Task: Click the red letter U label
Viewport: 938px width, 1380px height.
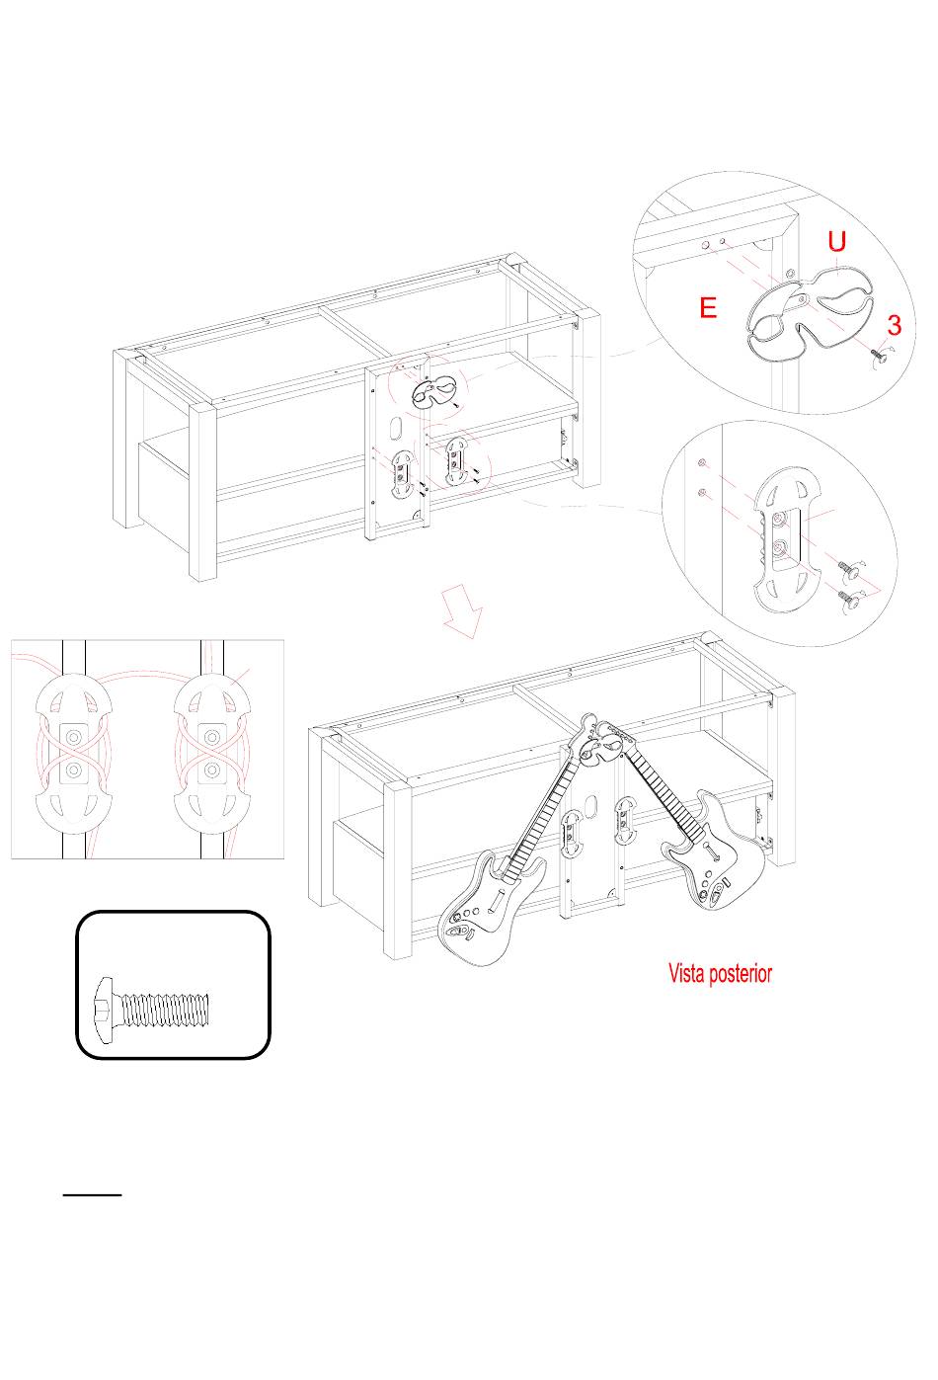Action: [836, 241]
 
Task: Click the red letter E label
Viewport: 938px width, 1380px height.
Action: [708, 307]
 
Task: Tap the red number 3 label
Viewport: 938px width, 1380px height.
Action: [895, 325]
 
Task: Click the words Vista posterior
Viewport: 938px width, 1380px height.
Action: [720, 973]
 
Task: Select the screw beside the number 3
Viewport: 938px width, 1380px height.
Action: [879, 355]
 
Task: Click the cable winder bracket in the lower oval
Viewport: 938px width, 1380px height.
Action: [787, 539]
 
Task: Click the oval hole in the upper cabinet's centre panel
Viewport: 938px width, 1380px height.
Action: [396, 429]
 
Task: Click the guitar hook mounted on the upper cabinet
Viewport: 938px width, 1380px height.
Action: [434, 392]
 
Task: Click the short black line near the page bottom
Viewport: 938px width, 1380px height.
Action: [92, 1194]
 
